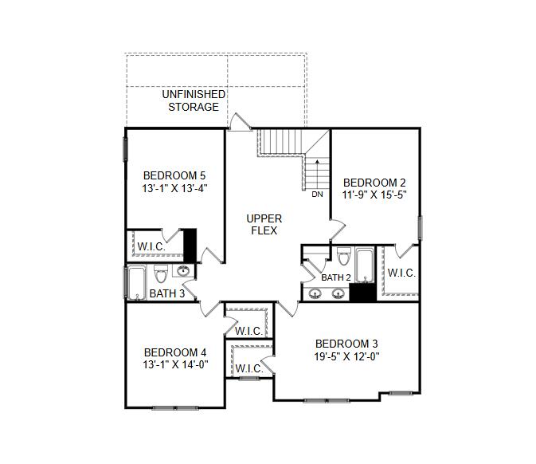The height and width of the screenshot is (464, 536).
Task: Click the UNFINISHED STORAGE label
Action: (x=194, y=100)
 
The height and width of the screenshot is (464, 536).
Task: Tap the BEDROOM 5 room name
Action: (x=174, y=175)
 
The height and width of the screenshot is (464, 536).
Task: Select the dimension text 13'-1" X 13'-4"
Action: (x=174, y=189)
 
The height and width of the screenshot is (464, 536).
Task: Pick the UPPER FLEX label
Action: (x=264, y=225)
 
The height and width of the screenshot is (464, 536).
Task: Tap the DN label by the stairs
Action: (x=317, y=195)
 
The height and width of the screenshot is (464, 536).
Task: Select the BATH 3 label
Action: (x=167, y=294)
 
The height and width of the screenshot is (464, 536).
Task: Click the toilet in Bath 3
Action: (x=159, y=274)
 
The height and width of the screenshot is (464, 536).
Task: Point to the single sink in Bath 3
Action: (x=184, y=272)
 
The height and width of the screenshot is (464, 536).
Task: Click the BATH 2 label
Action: (x=336, y=277)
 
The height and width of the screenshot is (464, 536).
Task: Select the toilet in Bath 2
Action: (x=343, y=256)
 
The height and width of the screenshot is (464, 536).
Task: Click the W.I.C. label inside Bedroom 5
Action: (x=151, y=246)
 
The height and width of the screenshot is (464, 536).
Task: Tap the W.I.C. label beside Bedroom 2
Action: (x=401, y=273)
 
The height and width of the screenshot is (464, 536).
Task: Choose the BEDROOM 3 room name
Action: (x=346, y=344)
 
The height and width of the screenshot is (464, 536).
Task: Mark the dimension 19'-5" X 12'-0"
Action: (x=346, y=357)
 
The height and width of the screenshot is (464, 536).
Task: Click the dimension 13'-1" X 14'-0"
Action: (x=175, y=365)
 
